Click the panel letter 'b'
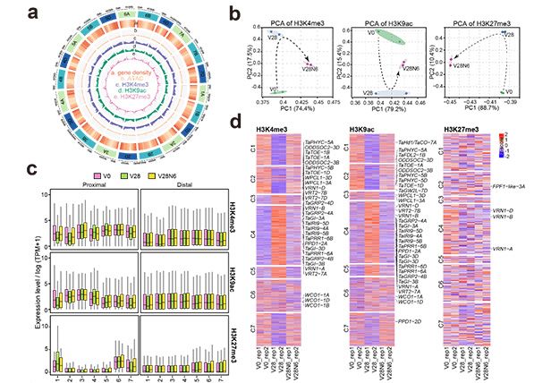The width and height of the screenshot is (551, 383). click(x=233, y=10)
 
